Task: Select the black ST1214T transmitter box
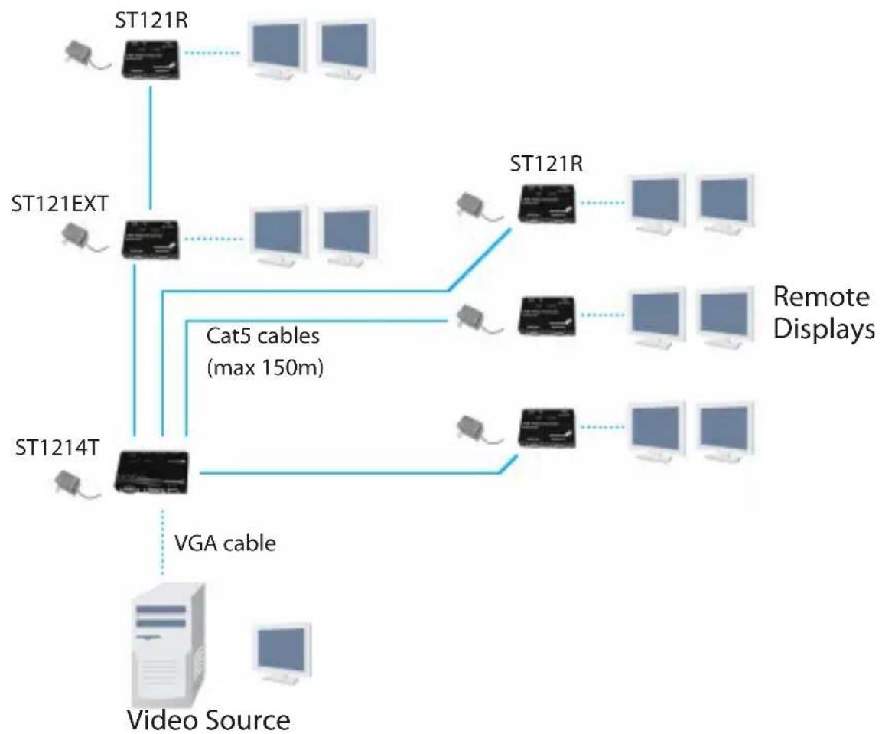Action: [150, 469]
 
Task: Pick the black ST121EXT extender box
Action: [152, 239]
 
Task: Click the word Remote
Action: [821, 298]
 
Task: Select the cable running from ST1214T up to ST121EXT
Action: [135, 352]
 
